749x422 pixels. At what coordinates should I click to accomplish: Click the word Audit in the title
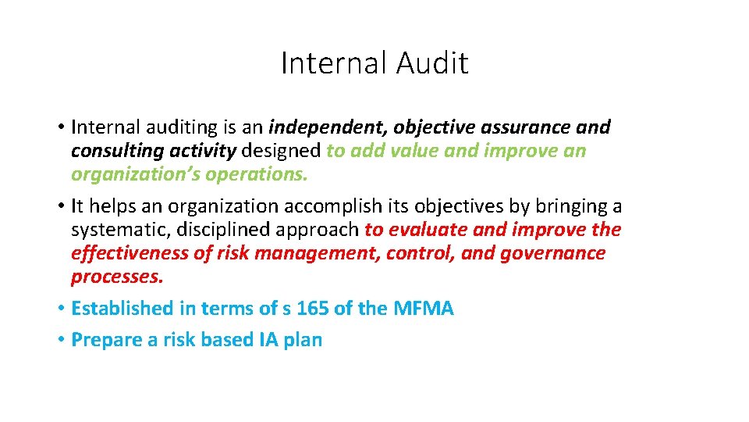coord(432,63)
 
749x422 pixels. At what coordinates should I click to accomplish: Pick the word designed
coord(282,150)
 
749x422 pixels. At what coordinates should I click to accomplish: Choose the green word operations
coord(257,173)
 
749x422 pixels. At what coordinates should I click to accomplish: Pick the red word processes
coord(117,277)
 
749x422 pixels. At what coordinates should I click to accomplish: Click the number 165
coord(313,308)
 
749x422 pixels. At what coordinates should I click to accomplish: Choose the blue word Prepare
coord(102,340)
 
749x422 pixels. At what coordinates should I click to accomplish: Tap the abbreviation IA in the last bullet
coord(267,340)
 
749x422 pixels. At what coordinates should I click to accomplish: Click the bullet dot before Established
coord(60,309)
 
